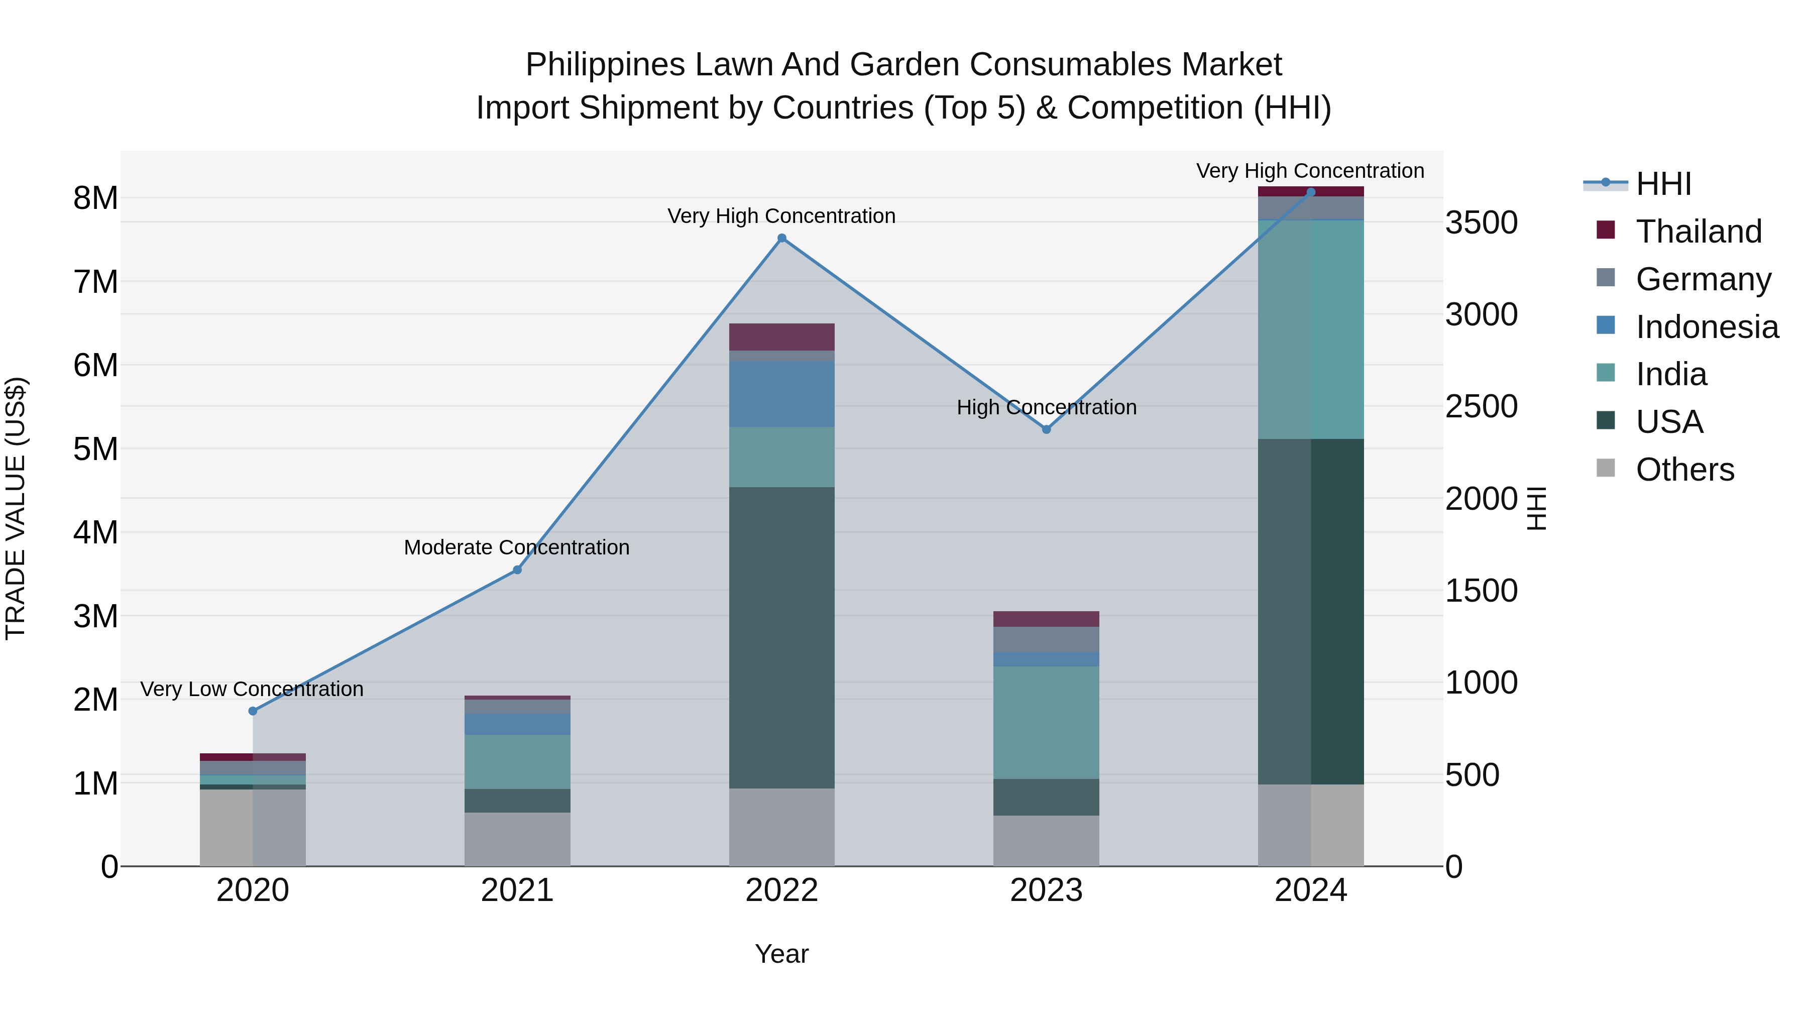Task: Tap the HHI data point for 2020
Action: pyautogui.click(x=253, y=711)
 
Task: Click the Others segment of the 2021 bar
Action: pyautogui.click(x=517, y=839)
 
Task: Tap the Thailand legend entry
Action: pyautogui.click(x=1699, y=232)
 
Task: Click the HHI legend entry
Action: pyautogui.click(x=1663, y=184)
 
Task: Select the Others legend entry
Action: pyautogui.click(x=1684, y=470)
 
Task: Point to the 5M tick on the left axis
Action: pyautogui.click(x=96, y=449)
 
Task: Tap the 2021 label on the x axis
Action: pyautogui.click(x=517, y=890)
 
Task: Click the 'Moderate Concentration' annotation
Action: pyautogui.click(x=517, y=547)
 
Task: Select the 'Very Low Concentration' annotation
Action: pyautogui.click(x=252, y=689)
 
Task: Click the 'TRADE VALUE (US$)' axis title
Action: pyautogui.click(x=16, y=508)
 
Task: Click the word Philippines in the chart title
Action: pyautogui.click(x=605, y=65)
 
